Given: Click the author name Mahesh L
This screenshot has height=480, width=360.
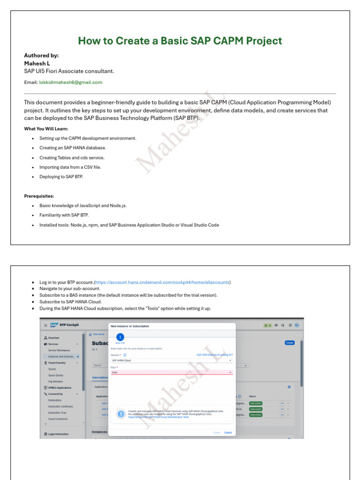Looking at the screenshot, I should [37, 63].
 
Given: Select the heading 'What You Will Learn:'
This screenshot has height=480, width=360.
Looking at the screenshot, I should [46, 128].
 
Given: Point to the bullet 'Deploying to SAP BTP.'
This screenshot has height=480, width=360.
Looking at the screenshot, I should [61, 177].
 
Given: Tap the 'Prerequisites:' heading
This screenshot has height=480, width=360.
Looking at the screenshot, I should [39, 196].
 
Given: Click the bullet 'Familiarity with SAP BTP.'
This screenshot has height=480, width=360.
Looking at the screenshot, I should [64, 215].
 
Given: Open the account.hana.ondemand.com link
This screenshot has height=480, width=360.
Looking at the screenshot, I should [162, 283].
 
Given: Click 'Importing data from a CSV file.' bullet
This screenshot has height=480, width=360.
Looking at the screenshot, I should [70, 167].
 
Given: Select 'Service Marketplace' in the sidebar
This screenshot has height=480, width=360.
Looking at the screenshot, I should [59, 350].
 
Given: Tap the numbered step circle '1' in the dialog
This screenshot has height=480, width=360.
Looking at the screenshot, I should [120, 337].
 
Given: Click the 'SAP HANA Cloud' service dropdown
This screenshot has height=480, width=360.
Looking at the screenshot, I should [172, 360].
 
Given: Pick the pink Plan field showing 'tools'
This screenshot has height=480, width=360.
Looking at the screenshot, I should [172, 372].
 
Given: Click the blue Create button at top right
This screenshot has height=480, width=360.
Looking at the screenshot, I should [290, 343].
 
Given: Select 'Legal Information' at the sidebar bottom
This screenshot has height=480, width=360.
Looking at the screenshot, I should [59, 434].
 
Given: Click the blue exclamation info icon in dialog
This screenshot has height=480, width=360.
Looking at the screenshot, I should [121, 414].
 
